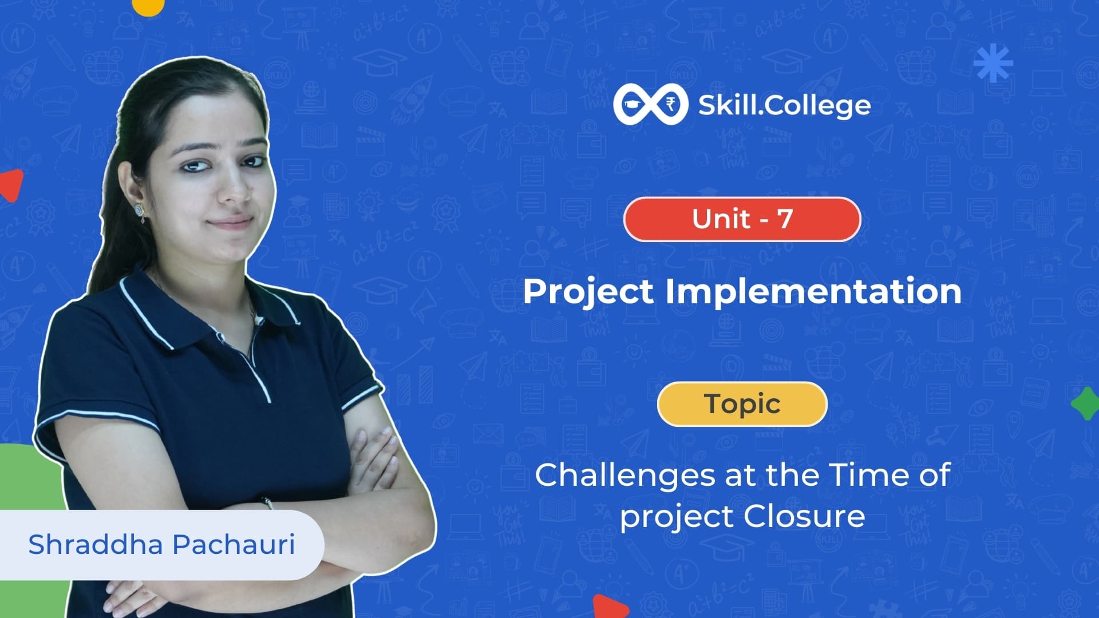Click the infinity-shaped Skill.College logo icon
(x=651, y=105)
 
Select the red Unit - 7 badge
(x=742, y=219)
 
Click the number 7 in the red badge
(x=785, y=219)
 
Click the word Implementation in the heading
(x=813, y=291)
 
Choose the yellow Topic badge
(x=742, y=404)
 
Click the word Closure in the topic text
(x=804, y=516)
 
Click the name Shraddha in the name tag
(x=96, y=544)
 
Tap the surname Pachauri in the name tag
(x=234, y=544)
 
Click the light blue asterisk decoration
(x=993, y=62)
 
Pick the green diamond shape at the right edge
(x=1085, y=403)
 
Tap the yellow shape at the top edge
(x=148, y=6)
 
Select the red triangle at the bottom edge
(x=610, y=608)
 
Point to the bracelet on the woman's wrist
(x=268, y=502)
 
